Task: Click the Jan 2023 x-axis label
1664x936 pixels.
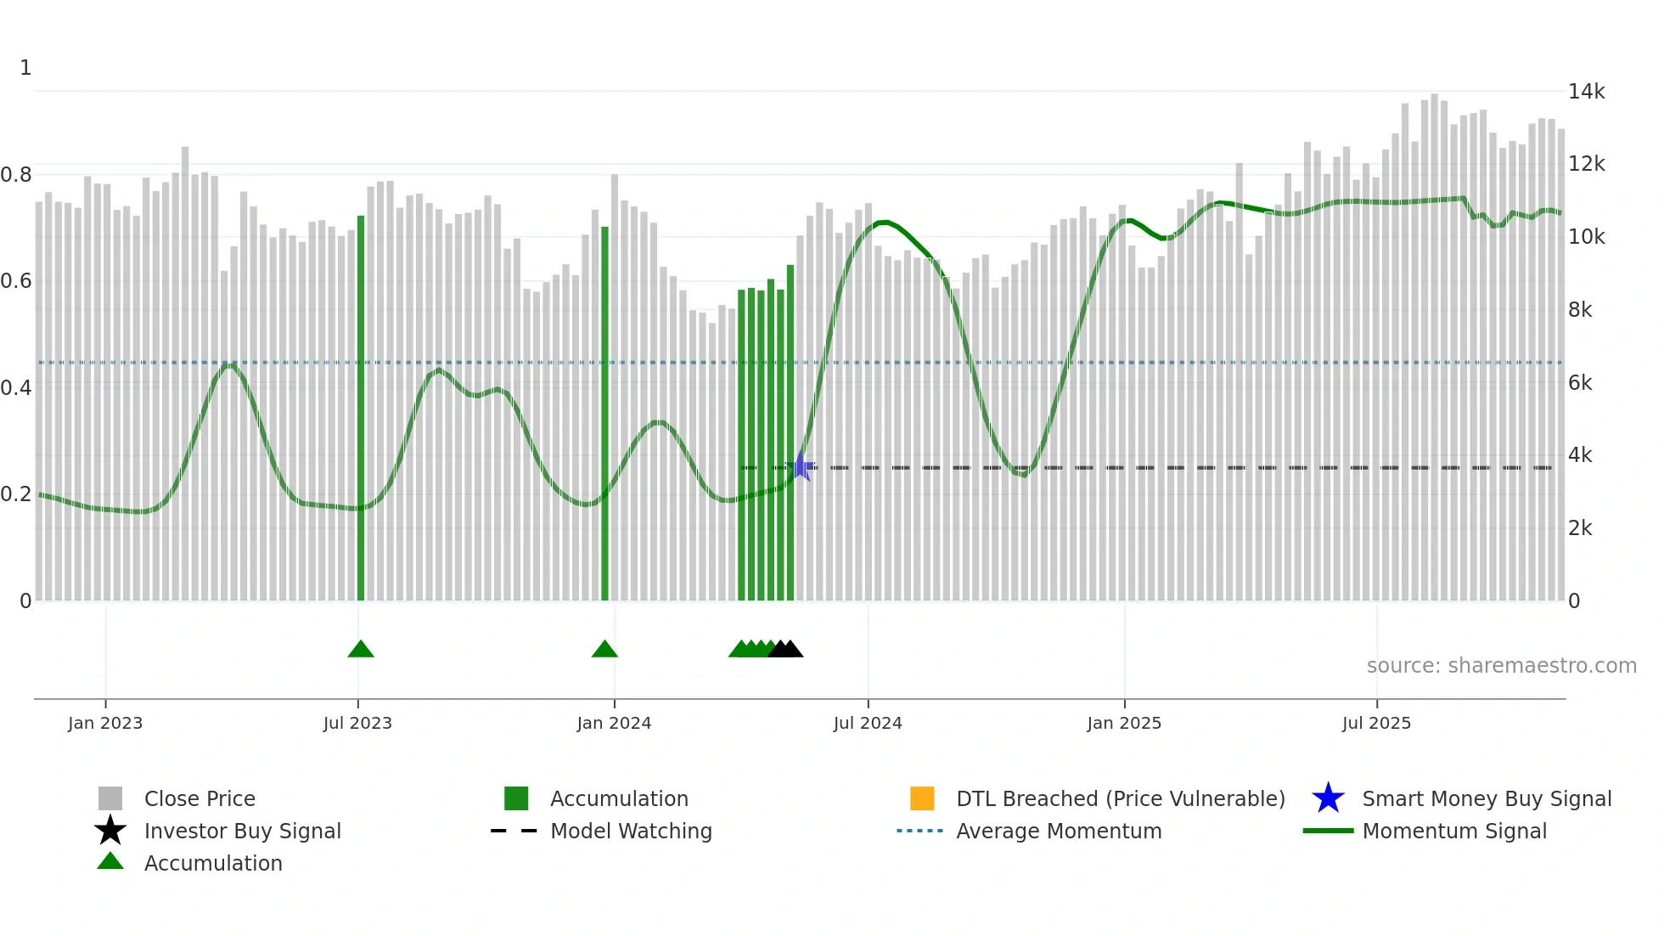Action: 105,724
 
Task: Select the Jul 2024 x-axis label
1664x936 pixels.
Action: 868,724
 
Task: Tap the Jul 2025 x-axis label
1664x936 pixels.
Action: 1376,724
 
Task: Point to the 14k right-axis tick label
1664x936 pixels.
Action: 1586,92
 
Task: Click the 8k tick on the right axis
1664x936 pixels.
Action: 1580,310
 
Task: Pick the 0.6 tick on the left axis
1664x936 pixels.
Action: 16,281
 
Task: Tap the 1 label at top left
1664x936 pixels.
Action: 25,68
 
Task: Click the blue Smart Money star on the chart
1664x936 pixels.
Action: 801,467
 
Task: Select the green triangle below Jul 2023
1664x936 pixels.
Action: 361,650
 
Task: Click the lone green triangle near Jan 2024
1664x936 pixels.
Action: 604,650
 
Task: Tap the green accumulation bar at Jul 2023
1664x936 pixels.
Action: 361,408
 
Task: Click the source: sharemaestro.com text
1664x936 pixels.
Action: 1501,666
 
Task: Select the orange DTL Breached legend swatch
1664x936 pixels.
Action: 922,798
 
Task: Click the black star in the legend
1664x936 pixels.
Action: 110,831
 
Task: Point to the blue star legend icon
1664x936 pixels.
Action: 1328,798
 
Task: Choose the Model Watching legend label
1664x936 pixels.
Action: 631,832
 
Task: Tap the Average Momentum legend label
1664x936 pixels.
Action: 1059,832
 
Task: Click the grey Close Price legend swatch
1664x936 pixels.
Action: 110,798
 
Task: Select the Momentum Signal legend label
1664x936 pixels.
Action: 1454,832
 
